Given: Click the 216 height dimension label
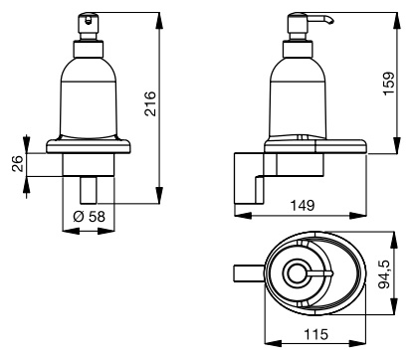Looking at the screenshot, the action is pyautogui.click(x=150, y=103).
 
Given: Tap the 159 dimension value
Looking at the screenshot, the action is pyautogui.click(x=389, y=84).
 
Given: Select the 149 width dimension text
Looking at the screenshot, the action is pyautogui.click(x=303, y=206).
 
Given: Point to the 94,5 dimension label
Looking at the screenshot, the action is pyautogui.click(x=385, y=274).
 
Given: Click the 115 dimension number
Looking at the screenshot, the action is pyautogui.click(x=315, y=334).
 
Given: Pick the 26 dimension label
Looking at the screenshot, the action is pyautogui.click(x=19, y=163).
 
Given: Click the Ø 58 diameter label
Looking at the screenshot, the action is pyautogui.click(x=89, y=217).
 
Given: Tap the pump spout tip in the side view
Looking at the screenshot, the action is pyautogui.click(x=330, y=21).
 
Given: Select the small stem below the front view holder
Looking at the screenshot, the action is pyautogui.click(x=89, y=190).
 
